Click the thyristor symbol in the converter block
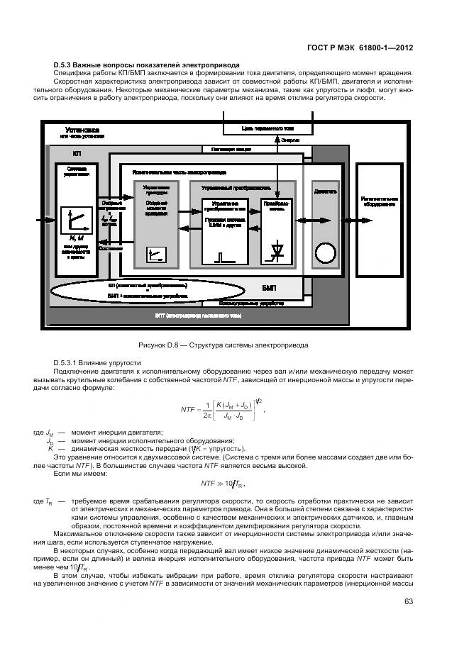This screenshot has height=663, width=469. point(276,252)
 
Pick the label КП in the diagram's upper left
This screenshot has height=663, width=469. point(77,152)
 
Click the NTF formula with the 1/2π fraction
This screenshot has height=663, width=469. point(221,411)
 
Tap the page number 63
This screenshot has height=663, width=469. point(408,601)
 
